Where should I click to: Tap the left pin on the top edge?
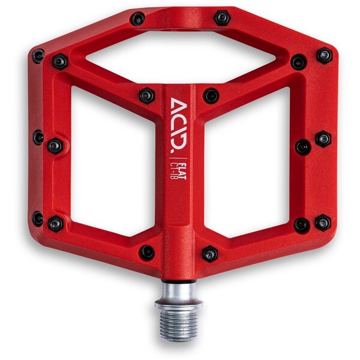click(x=138, y=19)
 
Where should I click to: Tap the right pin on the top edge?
click(x=222, y=17)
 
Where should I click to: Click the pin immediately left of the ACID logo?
click(x=146, y=95)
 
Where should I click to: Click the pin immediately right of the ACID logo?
click(x=211, y=95)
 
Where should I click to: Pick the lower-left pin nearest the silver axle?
click(x=146, y=253)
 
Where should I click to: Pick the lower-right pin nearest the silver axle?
click(x=209, y=254)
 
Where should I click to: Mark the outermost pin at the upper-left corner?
click(x=38, y=56)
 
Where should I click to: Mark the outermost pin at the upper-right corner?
click(x=325, y=56)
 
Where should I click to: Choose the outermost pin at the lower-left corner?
click(x=38, y=218)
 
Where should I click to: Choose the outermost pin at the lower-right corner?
click(x=323, y=223)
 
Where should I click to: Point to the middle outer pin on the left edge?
click(x=38, y=137)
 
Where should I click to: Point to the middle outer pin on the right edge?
click(x=323, y=139)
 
